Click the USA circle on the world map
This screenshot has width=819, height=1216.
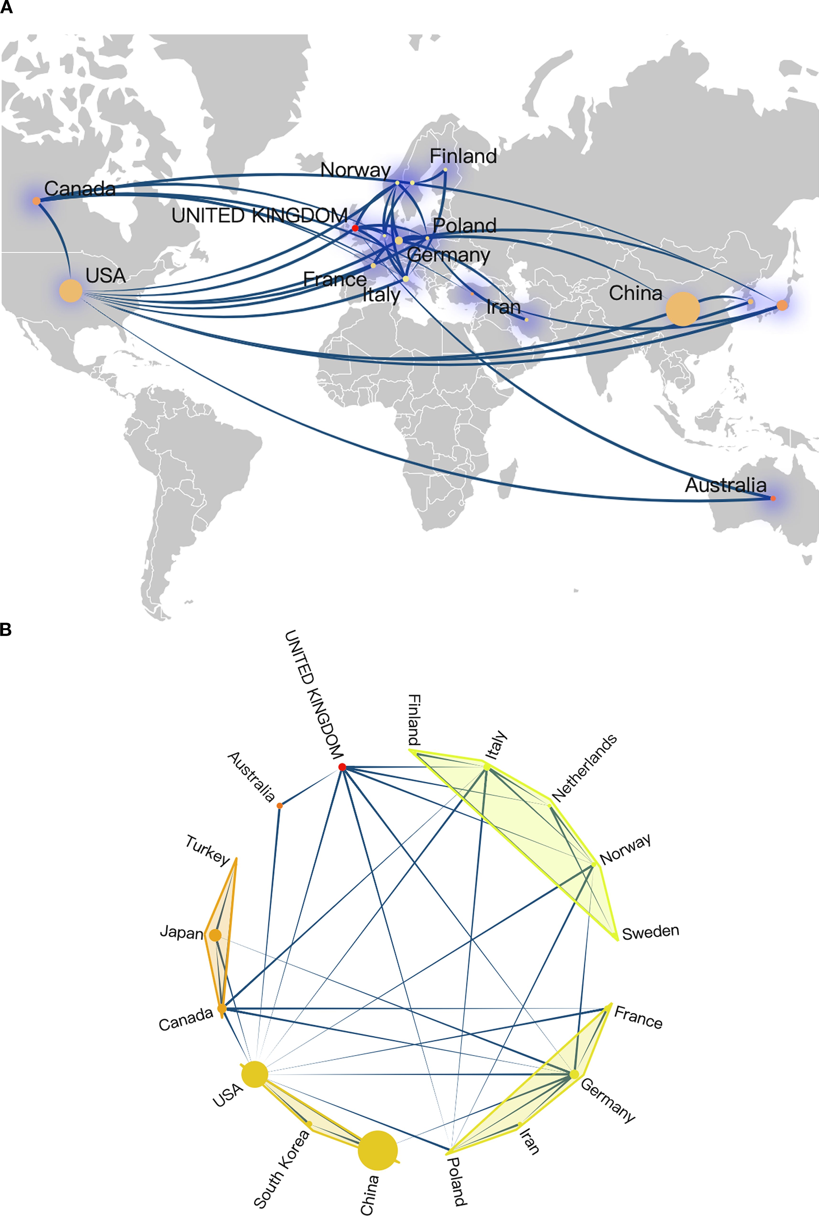70,290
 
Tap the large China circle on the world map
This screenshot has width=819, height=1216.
682,309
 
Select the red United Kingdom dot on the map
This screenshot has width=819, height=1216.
355,228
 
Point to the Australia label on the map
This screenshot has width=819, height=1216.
726,485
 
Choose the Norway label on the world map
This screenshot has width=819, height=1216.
355,170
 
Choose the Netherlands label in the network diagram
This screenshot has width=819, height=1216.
584,768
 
